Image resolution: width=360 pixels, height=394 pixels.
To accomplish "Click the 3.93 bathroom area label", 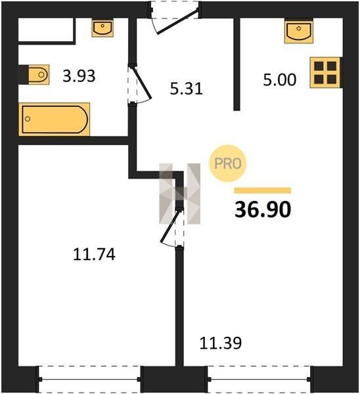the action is click(79, 76).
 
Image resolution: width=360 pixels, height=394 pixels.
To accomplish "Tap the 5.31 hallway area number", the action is click(187, 89).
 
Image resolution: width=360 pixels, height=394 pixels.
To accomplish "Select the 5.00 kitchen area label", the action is click(280, 80).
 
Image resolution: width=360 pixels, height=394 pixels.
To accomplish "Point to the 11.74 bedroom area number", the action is click(94, 254).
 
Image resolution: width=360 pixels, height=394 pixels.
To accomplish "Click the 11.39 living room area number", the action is click(221, 343).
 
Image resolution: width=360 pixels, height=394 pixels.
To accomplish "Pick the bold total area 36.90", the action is click(263, 209).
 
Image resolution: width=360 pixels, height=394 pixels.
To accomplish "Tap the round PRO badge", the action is click(228, 164).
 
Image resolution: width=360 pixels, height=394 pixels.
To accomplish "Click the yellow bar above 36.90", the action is click(263, 190).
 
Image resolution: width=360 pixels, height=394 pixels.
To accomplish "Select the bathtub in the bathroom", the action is click(55, 120).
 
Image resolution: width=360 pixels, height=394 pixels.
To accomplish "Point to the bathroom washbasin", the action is click(102, 28).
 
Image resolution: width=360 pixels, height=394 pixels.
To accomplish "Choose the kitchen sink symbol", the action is click(299, 32).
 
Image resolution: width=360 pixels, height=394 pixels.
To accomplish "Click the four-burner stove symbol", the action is click(325, 73).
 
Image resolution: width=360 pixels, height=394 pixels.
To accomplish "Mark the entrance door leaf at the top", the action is click(177, 22).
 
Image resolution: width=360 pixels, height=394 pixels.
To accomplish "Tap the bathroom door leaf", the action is click(141, 83).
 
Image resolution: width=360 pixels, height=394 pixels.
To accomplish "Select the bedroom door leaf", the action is click(170, 227).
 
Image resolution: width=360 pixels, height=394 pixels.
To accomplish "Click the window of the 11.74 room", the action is click(89, 380).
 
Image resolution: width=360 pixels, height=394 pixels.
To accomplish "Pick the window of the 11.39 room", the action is click(259, 380).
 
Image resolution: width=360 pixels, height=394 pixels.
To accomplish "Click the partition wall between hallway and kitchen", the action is click(236, 64).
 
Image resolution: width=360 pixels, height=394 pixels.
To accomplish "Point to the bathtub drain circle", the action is click(28, 119).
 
